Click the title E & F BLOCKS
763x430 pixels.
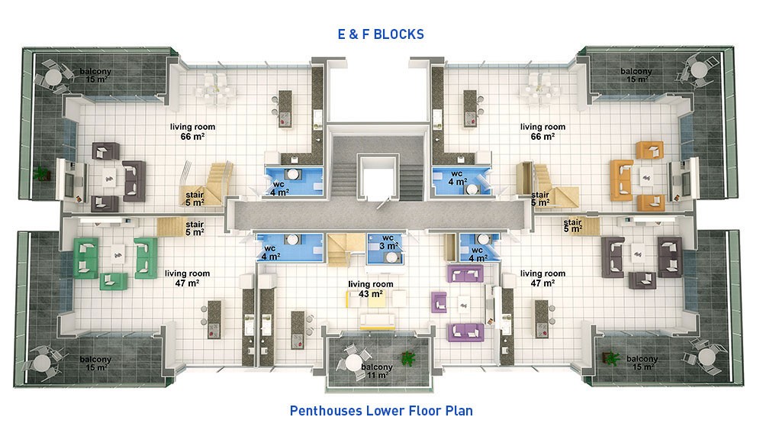tap(381, 34)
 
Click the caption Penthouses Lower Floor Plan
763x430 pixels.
tap(381, 410)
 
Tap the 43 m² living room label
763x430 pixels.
tap(371, 289)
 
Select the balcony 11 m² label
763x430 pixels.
tap(377, 370)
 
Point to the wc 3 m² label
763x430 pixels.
tap(388, 242)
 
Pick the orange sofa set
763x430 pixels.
tap(637, 176)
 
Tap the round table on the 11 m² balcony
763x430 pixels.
tap(352, 363)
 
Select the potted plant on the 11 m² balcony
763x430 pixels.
tap(407, 358)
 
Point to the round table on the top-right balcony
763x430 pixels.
tap(699, 70)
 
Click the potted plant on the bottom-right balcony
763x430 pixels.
tap(611, 358)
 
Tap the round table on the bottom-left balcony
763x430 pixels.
tap(42, 363)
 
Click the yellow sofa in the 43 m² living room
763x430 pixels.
tap(377, 322)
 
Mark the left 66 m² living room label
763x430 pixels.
tap(193, 132)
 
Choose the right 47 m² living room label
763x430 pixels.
tap(542, 278)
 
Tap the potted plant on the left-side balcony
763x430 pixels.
tap(43, 173)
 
